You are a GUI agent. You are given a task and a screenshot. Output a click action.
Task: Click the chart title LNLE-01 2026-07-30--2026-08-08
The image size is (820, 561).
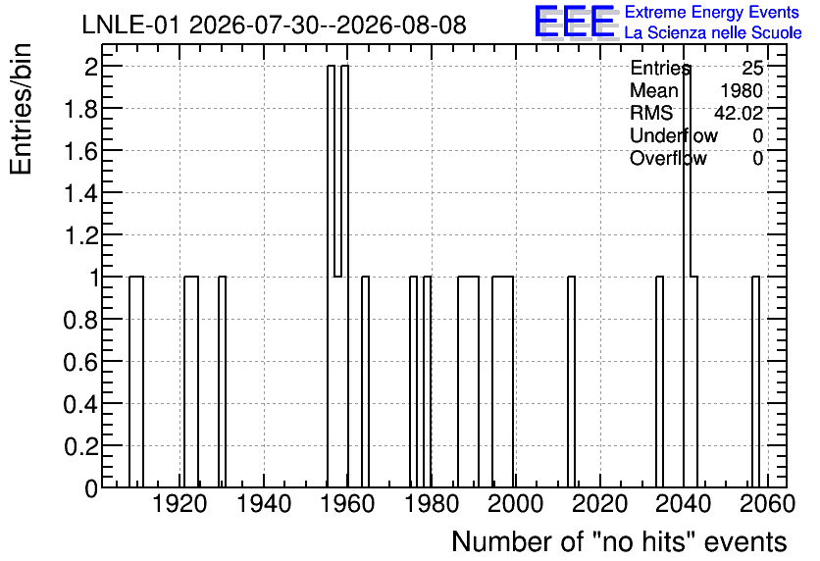(x=274, y=25)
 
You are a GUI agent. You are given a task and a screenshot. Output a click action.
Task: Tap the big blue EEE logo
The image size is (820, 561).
(x=575, y=22)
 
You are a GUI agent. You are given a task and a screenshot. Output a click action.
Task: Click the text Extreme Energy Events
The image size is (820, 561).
(x=712, y=12)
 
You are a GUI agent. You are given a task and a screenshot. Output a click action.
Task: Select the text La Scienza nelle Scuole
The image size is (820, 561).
(x=713, y=32)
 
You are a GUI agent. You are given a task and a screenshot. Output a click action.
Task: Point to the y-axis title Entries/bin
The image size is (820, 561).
(x=22, y=109)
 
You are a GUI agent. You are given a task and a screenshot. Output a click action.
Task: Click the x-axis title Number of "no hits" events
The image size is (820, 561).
(x=619, y=541)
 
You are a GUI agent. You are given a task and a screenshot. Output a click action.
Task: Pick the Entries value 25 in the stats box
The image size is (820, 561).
(x=752, y=68)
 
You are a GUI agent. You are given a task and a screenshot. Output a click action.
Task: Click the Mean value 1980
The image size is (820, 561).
(x=742, y=90)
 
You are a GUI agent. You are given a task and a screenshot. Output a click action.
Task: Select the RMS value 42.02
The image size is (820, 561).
(x=739, y=113)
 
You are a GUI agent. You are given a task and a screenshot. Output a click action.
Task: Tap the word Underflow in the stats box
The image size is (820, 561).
(x=674, y=135)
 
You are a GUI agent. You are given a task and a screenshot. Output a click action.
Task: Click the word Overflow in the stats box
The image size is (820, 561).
(x=668, y=158)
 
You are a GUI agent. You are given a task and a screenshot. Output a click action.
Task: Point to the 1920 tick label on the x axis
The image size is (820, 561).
(x=179, y=504)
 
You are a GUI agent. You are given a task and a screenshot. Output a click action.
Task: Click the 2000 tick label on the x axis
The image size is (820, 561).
(x=516, y=504)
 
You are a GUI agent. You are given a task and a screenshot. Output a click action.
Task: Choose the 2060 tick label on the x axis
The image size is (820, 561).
(x=768, y=504)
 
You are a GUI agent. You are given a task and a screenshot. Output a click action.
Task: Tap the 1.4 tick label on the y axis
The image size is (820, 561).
(x=80, y=193)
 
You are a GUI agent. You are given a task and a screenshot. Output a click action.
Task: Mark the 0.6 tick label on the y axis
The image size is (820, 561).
(x=80, y=361)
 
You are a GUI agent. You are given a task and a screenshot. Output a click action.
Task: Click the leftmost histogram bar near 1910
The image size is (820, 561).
(x=136, y=382)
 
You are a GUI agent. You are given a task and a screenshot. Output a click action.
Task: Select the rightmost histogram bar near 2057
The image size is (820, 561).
(x=755, y=382)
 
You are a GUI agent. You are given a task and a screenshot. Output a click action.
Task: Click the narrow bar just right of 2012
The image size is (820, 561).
(x=571, y=382)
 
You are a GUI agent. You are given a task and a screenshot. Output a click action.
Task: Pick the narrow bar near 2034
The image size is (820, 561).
(x=659, y=382)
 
